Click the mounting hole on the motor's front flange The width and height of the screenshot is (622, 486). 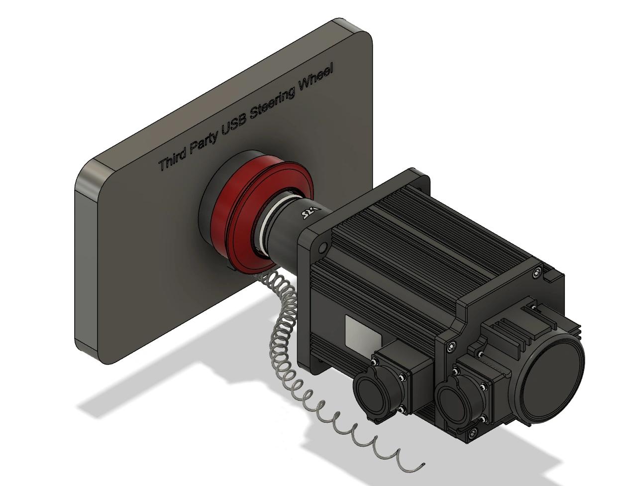[322, 247]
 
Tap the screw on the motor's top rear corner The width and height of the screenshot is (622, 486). [536, 272]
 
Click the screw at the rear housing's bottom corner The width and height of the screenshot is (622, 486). [472, 432]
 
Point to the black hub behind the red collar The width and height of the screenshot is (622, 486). [209, 209]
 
